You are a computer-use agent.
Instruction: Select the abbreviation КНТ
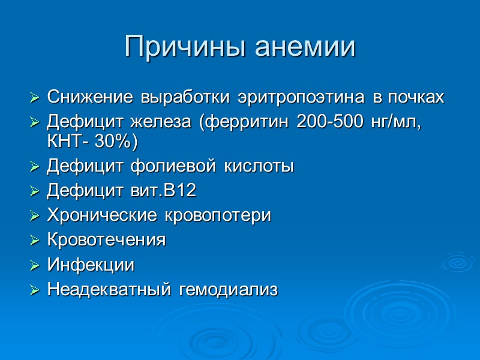62,142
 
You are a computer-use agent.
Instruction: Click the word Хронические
96,215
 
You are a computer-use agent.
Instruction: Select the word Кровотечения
106,240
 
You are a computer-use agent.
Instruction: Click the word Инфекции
90,265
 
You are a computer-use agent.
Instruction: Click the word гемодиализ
228,290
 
